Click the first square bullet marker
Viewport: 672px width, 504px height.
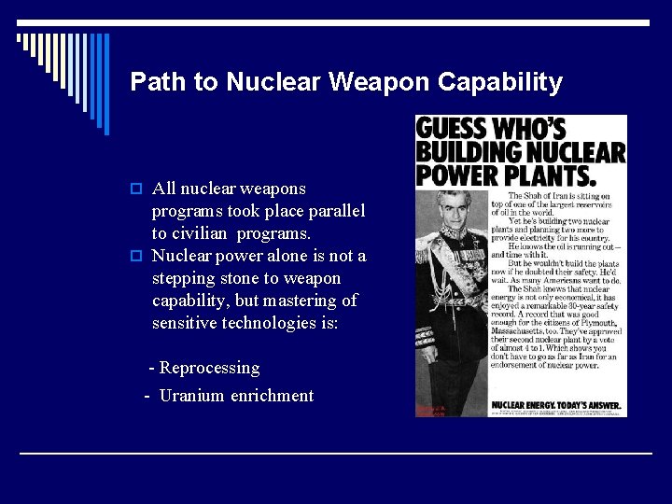(x=137, y=189)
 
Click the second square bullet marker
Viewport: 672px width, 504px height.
(x=137, y=257)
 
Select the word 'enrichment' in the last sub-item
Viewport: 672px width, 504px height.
(x=272, y=396)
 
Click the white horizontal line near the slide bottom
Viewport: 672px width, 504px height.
(x=336, y=454)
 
